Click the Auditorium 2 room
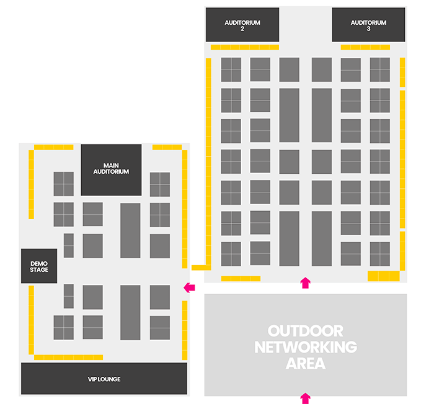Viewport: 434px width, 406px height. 242,25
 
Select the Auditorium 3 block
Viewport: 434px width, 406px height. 368,25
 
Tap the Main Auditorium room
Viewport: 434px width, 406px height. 111,170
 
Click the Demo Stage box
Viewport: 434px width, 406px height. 39,266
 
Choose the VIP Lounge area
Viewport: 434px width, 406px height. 104,379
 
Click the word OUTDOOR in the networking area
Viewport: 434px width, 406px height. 305,331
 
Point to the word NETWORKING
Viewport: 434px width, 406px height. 306,347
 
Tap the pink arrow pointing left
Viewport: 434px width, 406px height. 189,287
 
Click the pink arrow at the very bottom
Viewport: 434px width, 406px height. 305,399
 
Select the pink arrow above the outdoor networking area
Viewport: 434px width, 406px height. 305,283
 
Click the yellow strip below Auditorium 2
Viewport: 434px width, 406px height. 245,47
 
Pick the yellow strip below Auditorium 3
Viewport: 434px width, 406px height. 365,47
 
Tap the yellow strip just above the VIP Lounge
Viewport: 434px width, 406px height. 68,357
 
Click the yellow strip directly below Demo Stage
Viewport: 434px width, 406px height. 31,320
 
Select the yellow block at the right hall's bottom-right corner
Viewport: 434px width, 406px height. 384,276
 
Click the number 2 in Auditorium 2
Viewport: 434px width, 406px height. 242,29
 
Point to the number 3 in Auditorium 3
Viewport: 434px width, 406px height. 368,29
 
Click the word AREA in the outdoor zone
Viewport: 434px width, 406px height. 306,363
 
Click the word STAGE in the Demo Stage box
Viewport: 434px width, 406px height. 39,269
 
